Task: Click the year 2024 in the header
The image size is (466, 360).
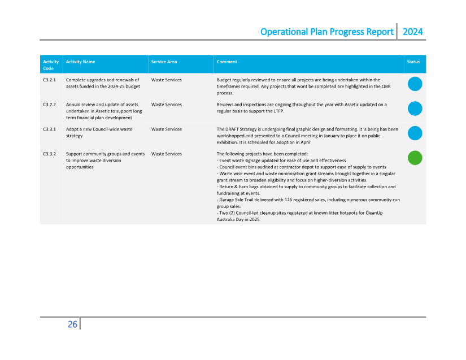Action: coord(412,32)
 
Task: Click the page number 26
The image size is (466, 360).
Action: coord(72,324)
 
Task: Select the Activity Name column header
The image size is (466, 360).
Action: coord(80,62)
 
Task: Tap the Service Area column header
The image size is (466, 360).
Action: coord(164,62)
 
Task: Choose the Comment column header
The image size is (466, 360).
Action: coord(227,62)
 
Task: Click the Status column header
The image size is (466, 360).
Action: coord(413,62)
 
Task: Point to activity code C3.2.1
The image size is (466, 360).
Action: coord(49,80)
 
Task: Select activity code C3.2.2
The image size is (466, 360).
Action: coord(49,105)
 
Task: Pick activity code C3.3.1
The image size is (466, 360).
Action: coord(49,129)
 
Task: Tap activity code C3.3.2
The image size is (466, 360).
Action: coord(49,154)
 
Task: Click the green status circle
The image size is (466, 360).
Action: coord(415,158)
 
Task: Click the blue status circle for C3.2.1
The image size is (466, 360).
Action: coord(415,84)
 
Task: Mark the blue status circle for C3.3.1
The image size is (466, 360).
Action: coord(415,133)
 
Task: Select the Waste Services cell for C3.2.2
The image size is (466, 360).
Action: coord(166,105)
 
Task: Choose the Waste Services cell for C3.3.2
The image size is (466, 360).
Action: coord(166,154)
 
